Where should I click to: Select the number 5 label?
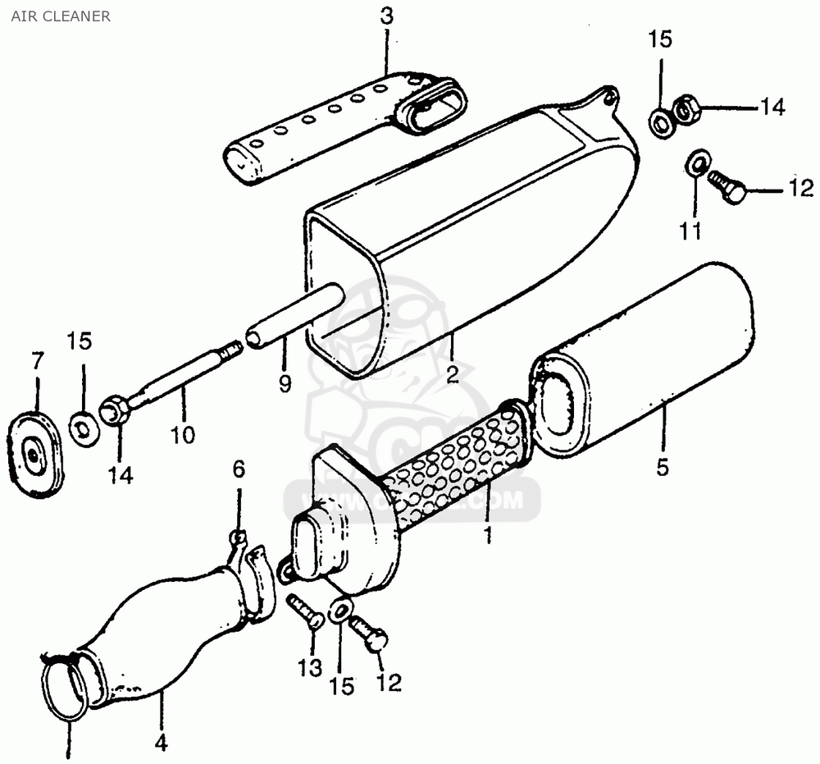coord(663,467)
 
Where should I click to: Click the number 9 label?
coord(285,383)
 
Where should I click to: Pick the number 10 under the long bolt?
coord(183,434)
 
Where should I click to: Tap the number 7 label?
coord(37,360)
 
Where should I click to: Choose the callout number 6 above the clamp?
coord(239,469)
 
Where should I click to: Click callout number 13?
coord(309,668)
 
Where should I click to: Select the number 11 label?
coord(690,231)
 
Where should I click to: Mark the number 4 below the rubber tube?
coord(162,743)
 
